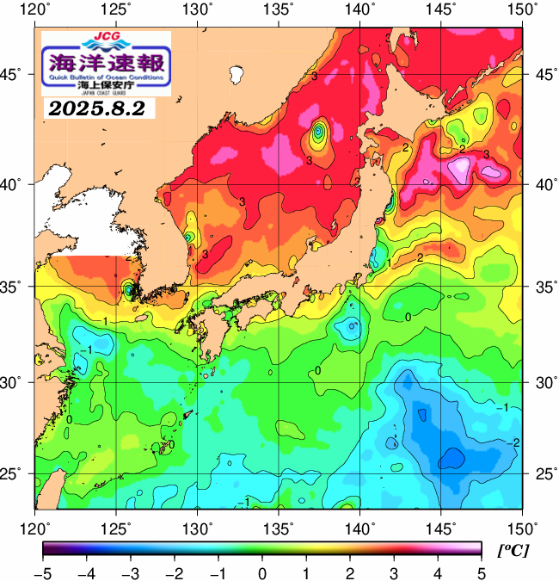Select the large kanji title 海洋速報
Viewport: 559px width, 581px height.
tap(106, 63)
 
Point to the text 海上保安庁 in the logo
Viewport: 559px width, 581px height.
tap(106, 86)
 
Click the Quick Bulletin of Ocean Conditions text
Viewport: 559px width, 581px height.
tap(106, 77)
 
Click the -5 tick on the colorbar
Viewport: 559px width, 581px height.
tap(43, 572)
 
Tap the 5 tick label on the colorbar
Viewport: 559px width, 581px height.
tap(480, 572)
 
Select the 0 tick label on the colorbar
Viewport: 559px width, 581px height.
tap(261, 572)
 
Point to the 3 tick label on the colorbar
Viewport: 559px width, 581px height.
tap(392, 572)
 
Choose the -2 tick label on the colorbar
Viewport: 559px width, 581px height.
tap(174, 572)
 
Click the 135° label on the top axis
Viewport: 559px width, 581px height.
tap(279, 9)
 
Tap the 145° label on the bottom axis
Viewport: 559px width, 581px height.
tap(442, 528)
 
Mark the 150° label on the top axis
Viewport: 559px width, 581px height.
tap(523, 9)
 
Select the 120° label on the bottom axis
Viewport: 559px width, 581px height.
tap(35, 528)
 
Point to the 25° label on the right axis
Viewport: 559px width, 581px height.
tap(540, 473)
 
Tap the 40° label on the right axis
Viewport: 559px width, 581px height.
tap(540, 184)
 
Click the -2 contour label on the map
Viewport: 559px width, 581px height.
tap(515, 442)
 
